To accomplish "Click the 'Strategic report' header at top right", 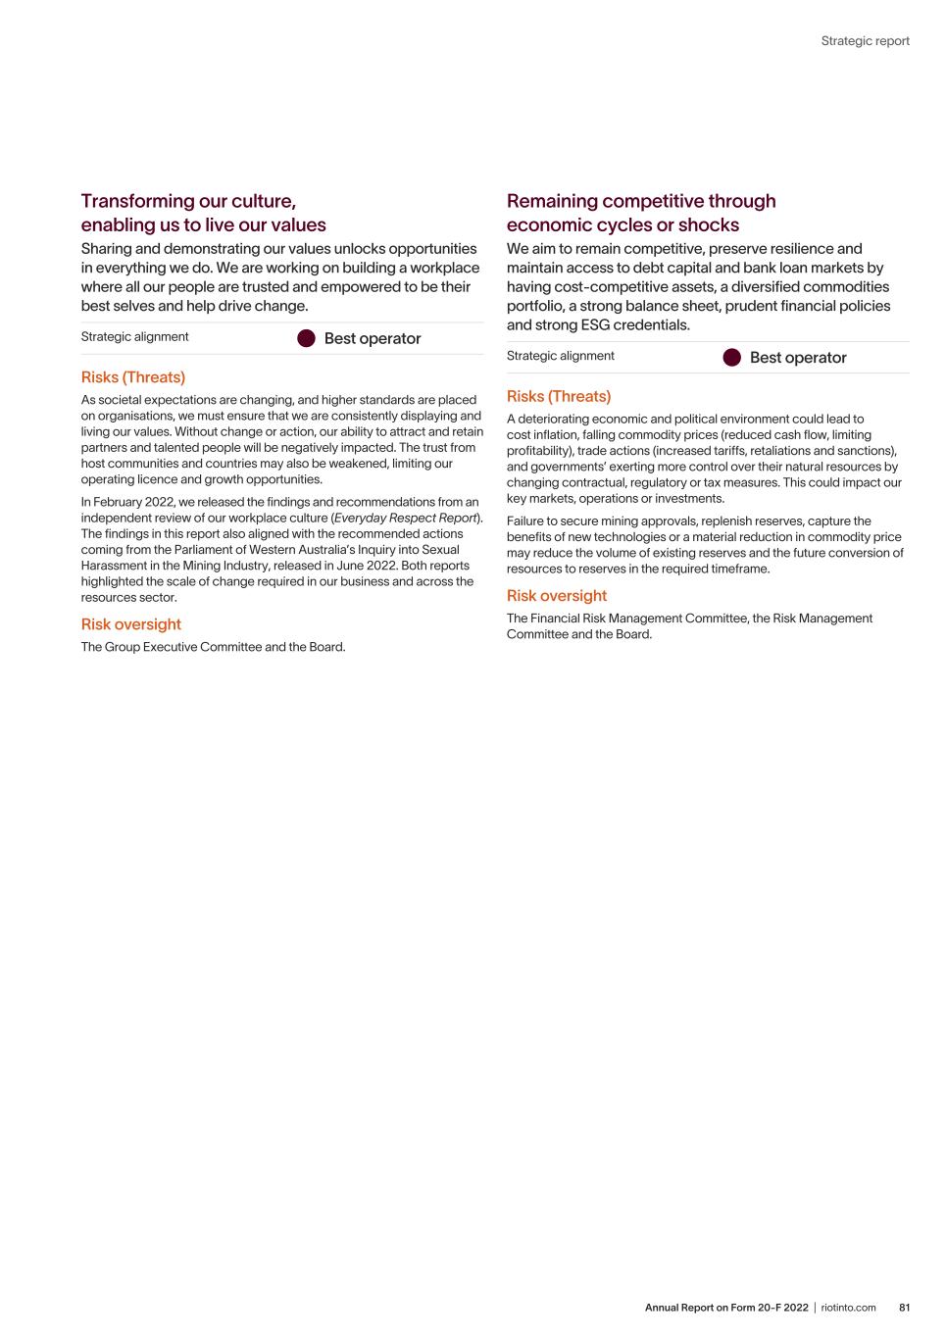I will click(865, 41).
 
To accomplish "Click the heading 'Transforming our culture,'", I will click(188, 201).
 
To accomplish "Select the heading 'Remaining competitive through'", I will click(640, 201).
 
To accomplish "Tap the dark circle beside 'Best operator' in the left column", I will click(306, 338).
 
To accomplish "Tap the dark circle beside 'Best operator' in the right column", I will click(731, 358).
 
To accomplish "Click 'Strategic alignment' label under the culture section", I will click(134, 337).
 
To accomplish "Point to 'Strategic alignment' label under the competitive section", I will click(560, 356).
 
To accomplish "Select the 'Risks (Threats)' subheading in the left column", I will click(132, 377).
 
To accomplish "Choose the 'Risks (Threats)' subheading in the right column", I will click(558, 396).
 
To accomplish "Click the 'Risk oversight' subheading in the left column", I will click(130, 624).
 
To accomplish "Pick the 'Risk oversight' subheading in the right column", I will click(556, 596).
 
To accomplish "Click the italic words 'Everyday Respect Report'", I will click(406, 518).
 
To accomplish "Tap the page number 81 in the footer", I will click(904, 1308).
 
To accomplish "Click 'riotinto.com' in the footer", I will click(848, 1308).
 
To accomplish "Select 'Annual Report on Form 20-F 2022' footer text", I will click(726, 1308).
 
